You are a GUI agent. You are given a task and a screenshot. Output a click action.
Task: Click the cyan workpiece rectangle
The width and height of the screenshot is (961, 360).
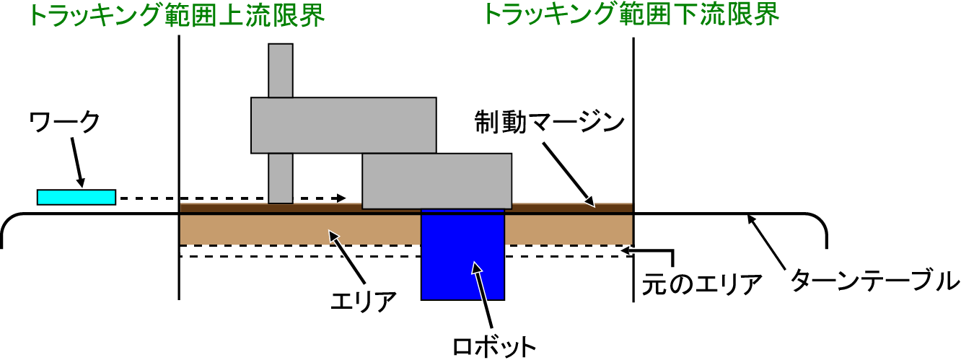click(x=76, y=196)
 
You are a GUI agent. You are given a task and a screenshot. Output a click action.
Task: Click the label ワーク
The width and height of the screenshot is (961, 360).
click(x=64, y=123)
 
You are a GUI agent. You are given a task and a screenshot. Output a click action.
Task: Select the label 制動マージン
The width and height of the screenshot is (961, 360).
click(x=548, y=123)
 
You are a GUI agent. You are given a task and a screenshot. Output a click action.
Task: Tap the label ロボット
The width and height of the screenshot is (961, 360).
click(x=494, y=345)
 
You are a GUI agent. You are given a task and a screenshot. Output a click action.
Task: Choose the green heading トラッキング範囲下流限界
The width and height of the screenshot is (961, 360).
click(x=631, y=14)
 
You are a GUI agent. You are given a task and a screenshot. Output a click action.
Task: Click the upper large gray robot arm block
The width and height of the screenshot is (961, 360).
click(x=343, y=124)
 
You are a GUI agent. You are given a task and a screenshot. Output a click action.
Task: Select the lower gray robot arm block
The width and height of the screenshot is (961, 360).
click(x=436, y=180)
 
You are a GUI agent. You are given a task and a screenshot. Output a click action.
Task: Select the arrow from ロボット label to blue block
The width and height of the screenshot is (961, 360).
click(x=481, y=296)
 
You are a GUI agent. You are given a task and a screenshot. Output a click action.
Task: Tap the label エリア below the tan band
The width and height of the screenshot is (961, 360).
click(x=364, y=300)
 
